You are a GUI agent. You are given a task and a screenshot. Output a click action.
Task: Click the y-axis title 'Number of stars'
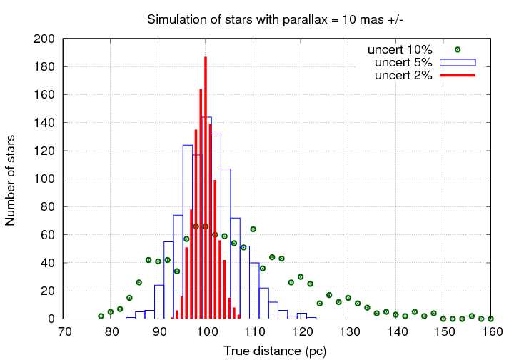(x=11, y=179)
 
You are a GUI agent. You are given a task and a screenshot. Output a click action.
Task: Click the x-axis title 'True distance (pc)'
(x=275, y=351)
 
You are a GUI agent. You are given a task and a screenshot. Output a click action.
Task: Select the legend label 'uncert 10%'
(x=400, y=50)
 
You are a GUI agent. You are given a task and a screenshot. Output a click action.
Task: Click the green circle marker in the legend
(x=458, y=50)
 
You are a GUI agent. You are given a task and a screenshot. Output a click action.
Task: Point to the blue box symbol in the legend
(x=458, y=63)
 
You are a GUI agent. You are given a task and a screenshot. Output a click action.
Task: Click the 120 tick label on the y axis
(x=45, y=151)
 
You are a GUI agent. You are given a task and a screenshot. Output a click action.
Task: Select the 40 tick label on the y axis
(x=48, y=263)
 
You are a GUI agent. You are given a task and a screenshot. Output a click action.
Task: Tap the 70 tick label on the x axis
(x=64, y=332)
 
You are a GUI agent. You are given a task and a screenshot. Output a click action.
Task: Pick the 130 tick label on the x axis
(x=350, y=332)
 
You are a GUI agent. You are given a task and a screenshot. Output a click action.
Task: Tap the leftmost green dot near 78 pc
(x=101, y=316)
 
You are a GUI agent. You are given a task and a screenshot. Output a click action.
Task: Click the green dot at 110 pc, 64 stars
(x=253, y=229)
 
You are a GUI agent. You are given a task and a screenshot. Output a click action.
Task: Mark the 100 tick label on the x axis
(x=207, y=332)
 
